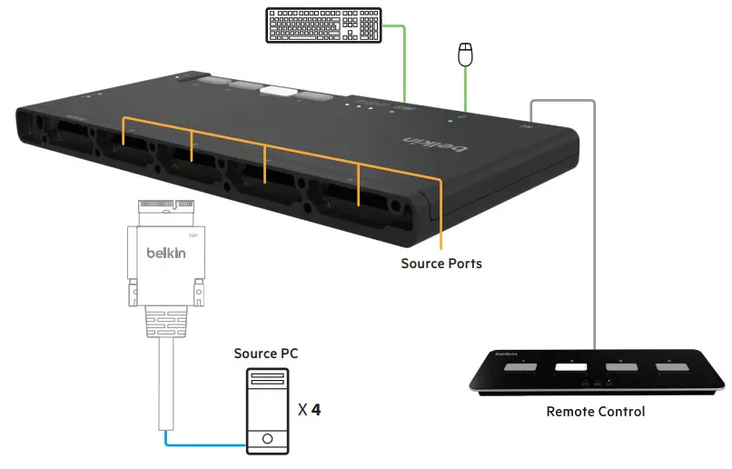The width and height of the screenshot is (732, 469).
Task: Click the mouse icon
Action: coord(466,55)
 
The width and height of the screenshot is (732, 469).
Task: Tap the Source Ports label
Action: coord(441,264)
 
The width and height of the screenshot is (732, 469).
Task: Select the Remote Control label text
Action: coord(596,412)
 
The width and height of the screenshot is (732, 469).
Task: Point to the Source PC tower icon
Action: coord(267,412)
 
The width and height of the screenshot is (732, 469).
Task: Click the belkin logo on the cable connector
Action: coord(166,253)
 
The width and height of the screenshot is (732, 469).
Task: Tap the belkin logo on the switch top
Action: coord(437,145)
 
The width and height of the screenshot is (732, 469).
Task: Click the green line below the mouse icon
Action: coord(466,91)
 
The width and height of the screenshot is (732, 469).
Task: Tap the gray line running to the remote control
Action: coord(595,227)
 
